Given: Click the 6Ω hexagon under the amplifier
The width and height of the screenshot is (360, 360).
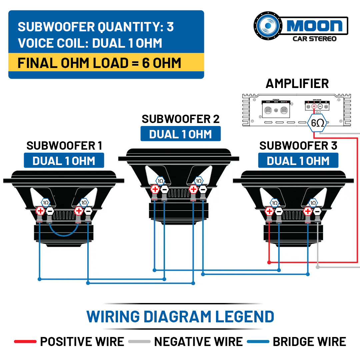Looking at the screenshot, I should point(317,123).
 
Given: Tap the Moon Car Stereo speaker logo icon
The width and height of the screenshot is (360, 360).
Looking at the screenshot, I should point(268,26).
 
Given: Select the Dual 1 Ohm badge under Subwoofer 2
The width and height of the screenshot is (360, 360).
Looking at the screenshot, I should point(180,134).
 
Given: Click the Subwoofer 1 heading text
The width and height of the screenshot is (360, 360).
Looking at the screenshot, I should point(64,146).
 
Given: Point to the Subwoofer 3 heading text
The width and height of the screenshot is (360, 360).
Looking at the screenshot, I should point(298,146).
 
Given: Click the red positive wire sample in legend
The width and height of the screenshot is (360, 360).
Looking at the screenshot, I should point(25,342).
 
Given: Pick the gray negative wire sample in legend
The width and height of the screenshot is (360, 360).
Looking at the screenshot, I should point(139,342).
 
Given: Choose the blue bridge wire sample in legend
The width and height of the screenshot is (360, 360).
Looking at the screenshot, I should point(258,342).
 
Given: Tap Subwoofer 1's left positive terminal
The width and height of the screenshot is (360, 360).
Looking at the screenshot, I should point(40,211).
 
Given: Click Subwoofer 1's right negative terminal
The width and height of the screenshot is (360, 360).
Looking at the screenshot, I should point(88,211).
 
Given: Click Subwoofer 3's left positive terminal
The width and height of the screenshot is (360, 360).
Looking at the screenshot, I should point(269,211).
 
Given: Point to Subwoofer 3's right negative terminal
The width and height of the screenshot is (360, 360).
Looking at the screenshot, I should point(317,211).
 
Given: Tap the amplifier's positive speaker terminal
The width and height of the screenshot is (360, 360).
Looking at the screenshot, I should point(314,106).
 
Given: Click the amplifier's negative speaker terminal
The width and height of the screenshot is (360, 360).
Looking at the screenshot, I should point(320,106).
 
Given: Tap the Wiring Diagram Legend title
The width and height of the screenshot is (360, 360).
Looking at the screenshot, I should point(180,316).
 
